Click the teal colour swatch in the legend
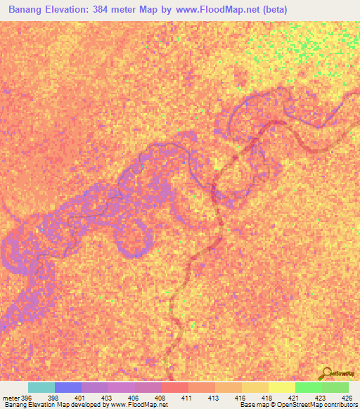[x=41, y=387]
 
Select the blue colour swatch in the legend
[x=68, y=387]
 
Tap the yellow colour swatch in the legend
[x=282, y=387]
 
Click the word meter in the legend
[x=11, y=398]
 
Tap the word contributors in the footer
[x=340, y=405]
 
